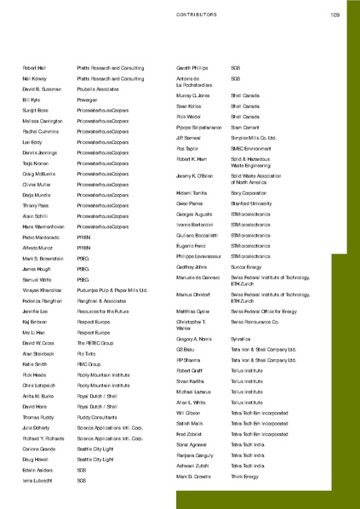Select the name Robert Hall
(x=35, y=67)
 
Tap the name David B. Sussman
(x=43, y=89)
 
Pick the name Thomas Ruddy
(x=39, y=417)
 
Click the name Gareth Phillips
(x=191, y=67)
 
